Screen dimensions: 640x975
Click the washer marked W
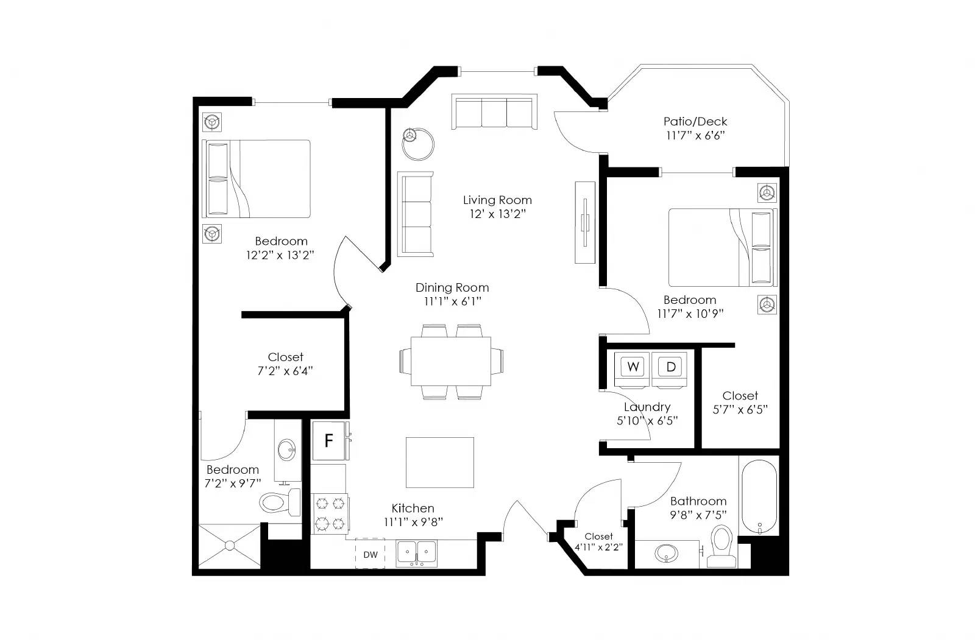[x=633, y=368]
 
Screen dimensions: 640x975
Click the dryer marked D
[x=670, y=368]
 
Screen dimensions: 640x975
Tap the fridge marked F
[x=328, y=441]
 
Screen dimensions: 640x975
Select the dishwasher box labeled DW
[x=370, y=554]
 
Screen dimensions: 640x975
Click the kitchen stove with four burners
[x=330, y=514]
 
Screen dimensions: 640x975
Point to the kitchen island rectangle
[x=439, y=462]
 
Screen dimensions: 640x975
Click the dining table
[x=451, y=360]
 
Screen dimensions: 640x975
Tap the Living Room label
[x=497, y=200]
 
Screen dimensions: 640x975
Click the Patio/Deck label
[x=695, y=122]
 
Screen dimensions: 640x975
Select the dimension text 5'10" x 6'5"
[x=647, y=421]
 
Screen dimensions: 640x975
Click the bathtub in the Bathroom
[x=759, y=497]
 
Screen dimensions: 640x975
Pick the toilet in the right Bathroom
[x=722, y=545]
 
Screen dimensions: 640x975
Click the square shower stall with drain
[x=229, y=546]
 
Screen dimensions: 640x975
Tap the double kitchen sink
[x=417, y=553]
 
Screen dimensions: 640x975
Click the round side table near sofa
[x=419, y=143]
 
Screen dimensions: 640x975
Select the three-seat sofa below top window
[x=494, y=112]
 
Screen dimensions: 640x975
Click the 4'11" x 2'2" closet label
[x=598, y=542]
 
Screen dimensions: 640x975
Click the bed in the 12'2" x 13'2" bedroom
[x=257, y=179]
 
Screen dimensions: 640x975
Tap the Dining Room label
[x=452, y=288]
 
